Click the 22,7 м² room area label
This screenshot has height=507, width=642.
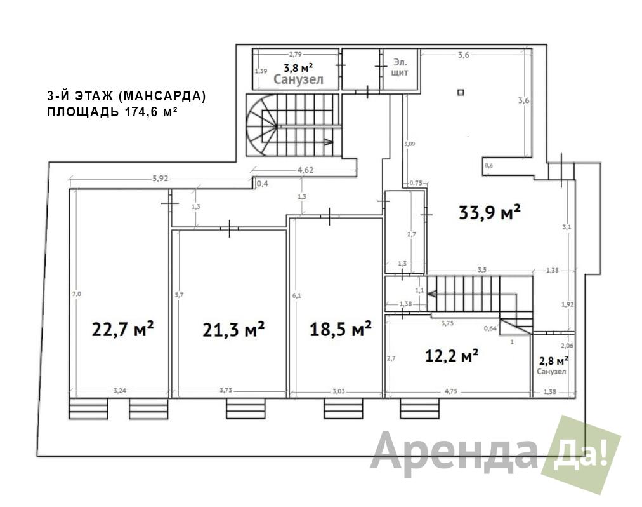[x=124, y=330]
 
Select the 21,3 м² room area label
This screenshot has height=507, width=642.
[x=233, y=330]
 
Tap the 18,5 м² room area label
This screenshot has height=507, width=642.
[x=340, y=329]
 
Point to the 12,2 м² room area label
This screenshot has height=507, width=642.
[x=451, y=356]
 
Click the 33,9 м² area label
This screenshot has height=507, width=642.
[x=489, y=212]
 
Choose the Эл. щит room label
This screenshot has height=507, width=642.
[x=400, y=67]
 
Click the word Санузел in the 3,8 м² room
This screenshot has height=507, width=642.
[x=298, y=79]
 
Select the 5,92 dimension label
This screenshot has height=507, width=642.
[x=160, y=179]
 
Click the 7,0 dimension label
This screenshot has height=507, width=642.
[x=76, y=294]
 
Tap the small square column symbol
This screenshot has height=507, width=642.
[x=461, y=93]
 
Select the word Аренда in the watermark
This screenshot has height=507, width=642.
[x=454, y=452]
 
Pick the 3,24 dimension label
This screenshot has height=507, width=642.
[x=121, y=391]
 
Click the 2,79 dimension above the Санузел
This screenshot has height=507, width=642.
[x=296, y=55]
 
